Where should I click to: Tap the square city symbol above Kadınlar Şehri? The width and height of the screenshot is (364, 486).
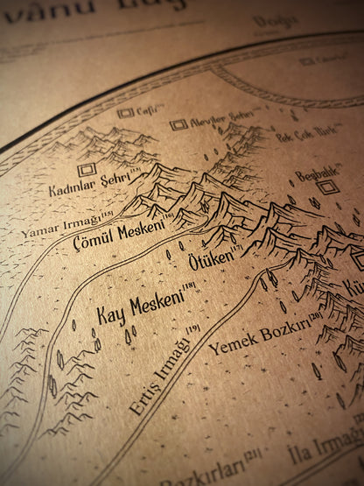tap(86, 170)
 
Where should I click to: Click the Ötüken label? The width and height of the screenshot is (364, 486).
tap(210, 260)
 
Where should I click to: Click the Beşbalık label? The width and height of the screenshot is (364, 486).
tap(316, 175)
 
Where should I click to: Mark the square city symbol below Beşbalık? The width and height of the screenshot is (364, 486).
tap(326, 187)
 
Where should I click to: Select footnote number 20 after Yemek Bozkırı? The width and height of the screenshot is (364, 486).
tap(315, 316)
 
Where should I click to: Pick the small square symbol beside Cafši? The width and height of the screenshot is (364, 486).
tap(125, 113)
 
